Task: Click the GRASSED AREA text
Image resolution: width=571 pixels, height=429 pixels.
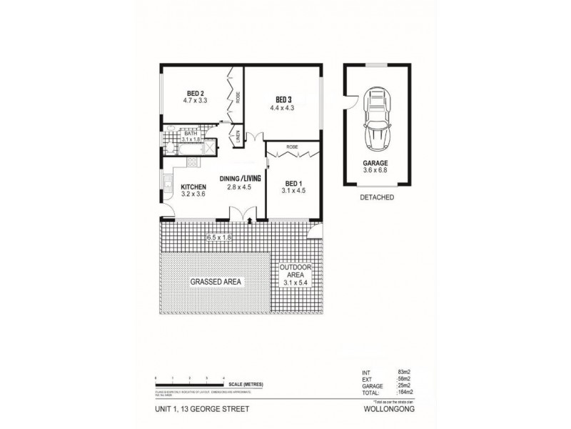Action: point(216,282)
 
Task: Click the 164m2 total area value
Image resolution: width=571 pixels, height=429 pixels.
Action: point(406,393)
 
